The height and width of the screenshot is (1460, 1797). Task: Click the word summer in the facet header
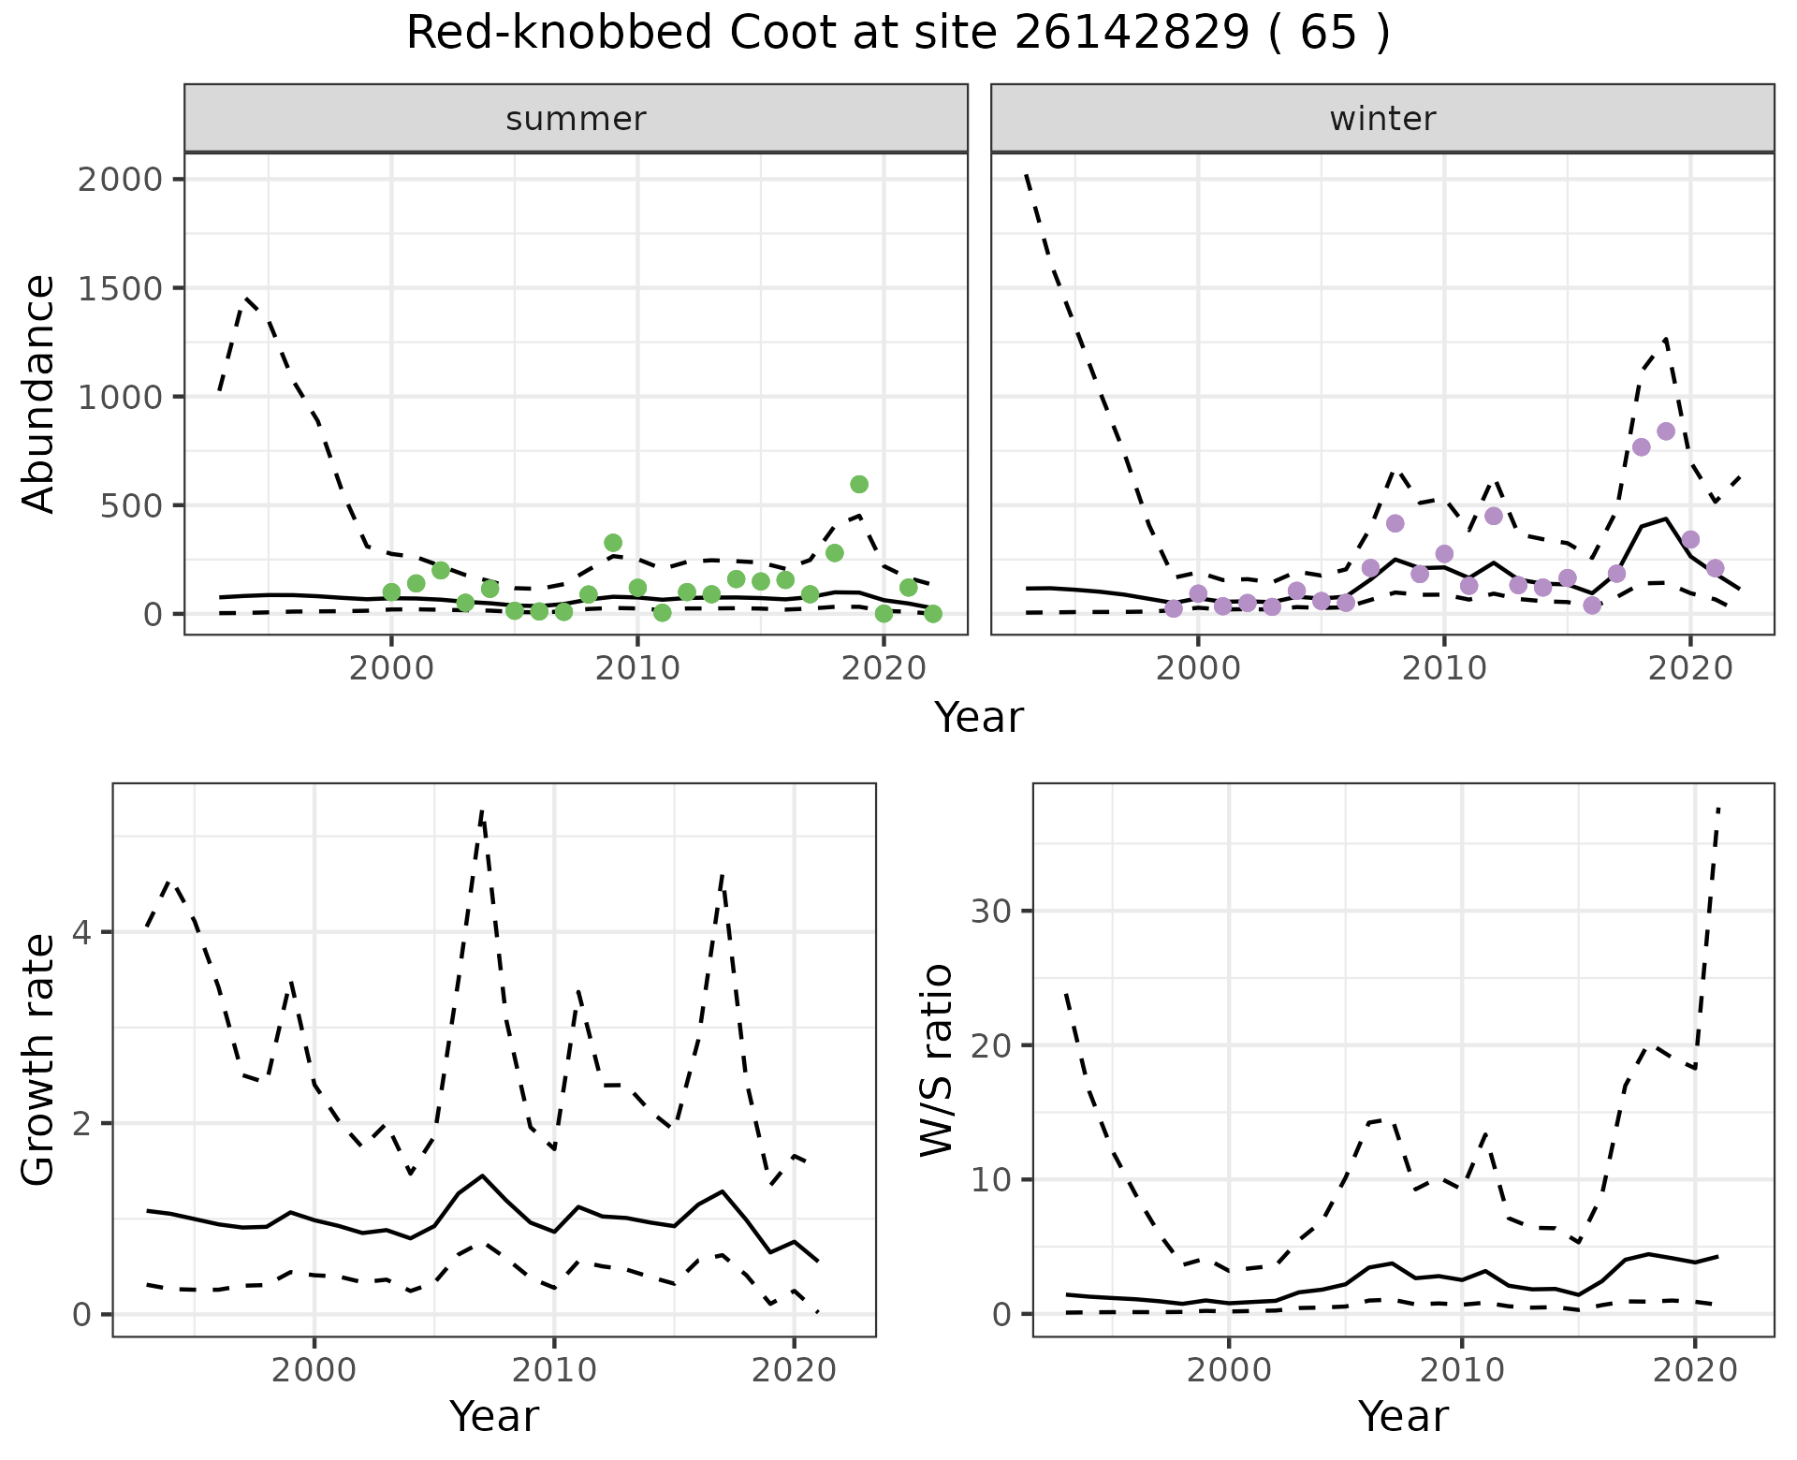[x=576, y=119]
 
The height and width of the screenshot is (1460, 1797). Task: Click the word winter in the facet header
[x=1382, y=119]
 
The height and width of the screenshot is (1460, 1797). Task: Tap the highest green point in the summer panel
[x=859, y=484]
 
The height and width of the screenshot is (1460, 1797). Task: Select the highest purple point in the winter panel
[x=1665, y=431]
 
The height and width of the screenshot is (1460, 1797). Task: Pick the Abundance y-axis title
[x=39, y=394]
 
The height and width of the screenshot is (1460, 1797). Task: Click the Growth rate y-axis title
[x=39, y=1060]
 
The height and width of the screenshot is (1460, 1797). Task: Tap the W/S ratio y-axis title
[x=937, y=1060]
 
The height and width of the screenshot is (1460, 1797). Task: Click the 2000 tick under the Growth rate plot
[x=314, y=1370]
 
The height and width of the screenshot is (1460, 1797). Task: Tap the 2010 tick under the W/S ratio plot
[x=1462, y=1370]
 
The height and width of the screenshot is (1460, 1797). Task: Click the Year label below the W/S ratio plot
[x=1403, y=1417]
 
